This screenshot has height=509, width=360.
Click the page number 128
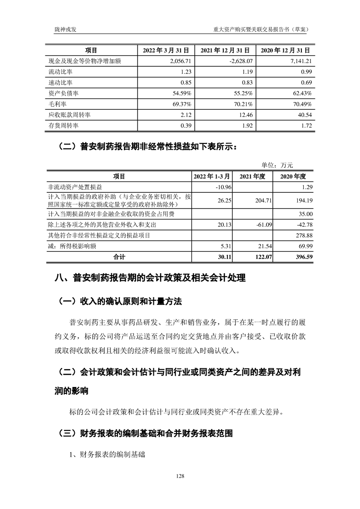pos(180,476)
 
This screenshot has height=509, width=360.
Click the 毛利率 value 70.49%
pos(301,104)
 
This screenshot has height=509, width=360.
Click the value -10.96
pos(223,187)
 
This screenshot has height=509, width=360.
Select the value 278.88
pos(303,235)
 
